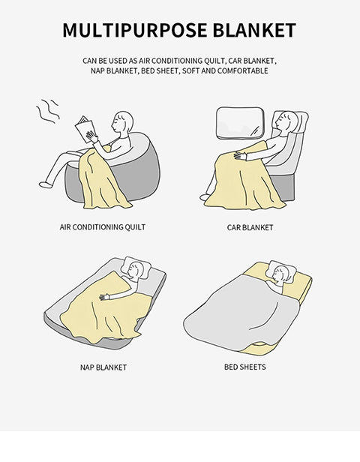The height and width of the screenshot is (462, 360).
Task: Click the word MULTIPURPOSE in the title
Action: (135, 30)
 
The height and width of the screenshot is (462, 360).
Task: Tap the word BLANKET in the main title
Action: (254, 30)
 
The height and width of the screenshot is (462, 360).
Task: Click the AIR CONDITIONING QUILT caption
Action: (103, 227)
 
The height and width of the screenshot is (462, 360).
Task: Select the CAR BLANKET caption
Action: (250, 227)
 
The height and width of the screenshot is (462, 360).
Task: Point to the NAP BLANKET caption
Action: (103, 367)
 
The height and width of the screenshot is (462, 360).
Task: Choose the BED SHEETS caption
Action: (244, 367)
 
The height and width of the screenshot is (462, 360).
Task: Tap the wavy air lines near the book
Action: (48, 111)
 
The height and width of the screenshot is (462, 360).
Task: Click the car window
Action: (240, 123)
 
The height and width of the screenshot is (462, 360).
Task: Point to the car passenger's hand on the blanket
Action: (240, 155)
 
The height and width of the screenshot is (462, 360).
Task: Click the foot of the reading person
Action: (46, 184)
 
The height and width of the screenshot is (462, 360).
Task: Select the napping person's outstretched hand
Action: (104, 297)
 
